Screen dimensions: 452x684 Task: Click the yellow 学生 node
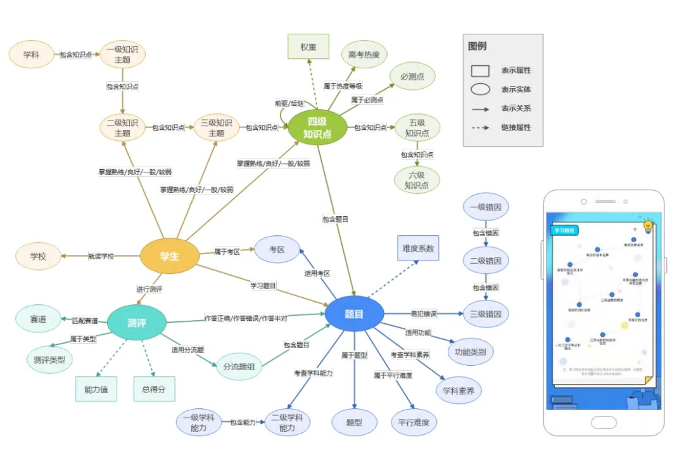pos(169,257)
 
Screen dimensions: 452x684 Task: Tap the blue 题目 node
pos(354,314)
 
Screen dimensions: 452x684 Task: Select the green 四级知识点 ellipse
pos(318,127)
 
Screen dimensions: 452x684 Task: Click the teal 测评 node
pos(137,323)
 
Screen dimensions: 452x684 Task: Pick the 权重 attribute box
pos(308,47)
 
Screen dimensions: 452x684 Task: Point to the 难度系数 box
pos(418,249)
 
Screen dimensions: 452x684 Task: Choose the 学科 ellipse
pos(31,55)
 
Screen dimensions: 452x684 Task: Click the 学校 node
pos(39,256)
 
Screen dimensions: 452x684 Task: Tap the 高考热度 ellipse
pos(364,55)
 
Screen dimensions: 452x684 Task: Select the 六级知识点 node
pos(417,179)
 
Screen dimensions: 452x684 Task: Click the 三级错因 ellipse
pos(486,313)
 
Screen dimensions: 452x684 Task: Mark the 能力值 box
pos(96,389)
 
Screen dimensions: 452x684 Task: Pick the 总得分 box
pos(154,389)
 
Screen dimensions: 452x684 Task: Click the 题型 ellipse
pos(353,423)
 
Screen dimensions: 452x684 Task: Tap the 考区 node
pos(277,249)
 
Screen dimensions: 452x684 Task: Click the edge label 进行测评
pos(149,289)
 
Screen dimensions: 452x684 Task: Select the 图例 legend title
pos(478,46)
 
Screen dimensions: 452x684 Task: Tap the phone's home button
pos(604,422)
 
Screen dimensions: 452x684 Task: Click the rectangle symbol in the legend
pos(480,70)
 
